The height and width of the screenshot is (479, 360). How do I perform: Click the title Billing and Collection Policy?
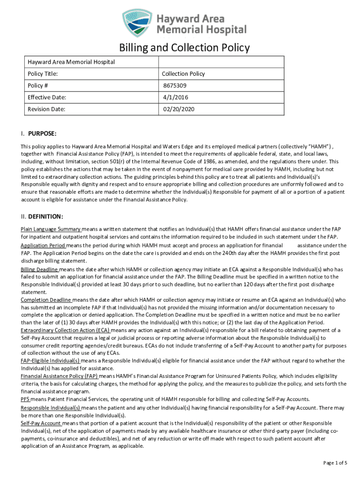coord(184,48)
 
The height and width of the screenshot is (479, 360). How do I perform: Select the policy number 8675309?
coord(173,86)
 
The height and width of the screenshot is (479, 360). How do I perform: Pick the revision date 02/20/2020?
coord(178,109)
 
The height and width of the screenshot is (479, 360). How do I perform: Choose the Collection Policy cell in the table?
coord(183,74)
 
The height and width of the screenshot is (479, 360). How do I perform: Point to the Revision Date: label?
coord(46,109)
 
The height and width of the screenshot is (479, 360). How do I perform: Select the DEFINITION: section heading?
coord(45,217)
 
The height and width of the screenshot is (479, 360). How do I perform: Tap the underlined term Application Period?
coord(43,246)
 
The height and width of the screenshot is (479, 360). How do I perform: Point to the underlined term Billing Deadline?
coord(40,269)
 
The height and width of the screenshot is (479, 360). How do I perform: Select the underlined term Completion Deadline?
coord(46,299)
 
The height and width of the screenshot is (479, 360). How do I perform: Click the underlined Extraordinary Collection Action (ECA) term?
coord(65,330)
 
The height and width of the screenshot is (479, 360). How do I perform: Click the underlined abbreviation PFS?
coord(25,399)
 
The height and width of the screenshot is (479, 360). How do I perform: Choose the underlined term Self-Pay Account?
coord(41,423)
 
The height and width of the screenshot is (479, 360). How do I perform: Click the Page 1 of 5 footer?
coord(335,463)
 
